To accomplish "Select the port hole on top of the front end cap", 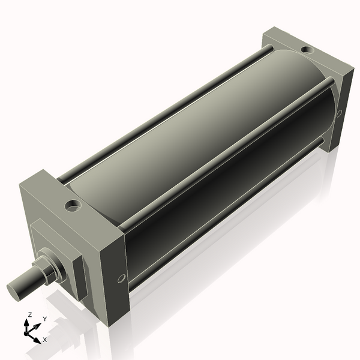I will [74, 206].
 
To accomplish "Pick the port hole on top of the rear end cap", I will [307, 49].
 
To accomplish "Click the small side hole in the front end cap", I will [121, 278].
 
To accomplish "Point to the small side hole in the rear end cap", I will [339, 113].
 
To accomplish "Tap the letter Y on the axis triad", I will [44, 319].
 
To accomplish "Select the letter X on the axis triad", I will [45, 340].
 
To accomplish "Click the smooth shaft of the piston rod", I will [28, 283].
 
